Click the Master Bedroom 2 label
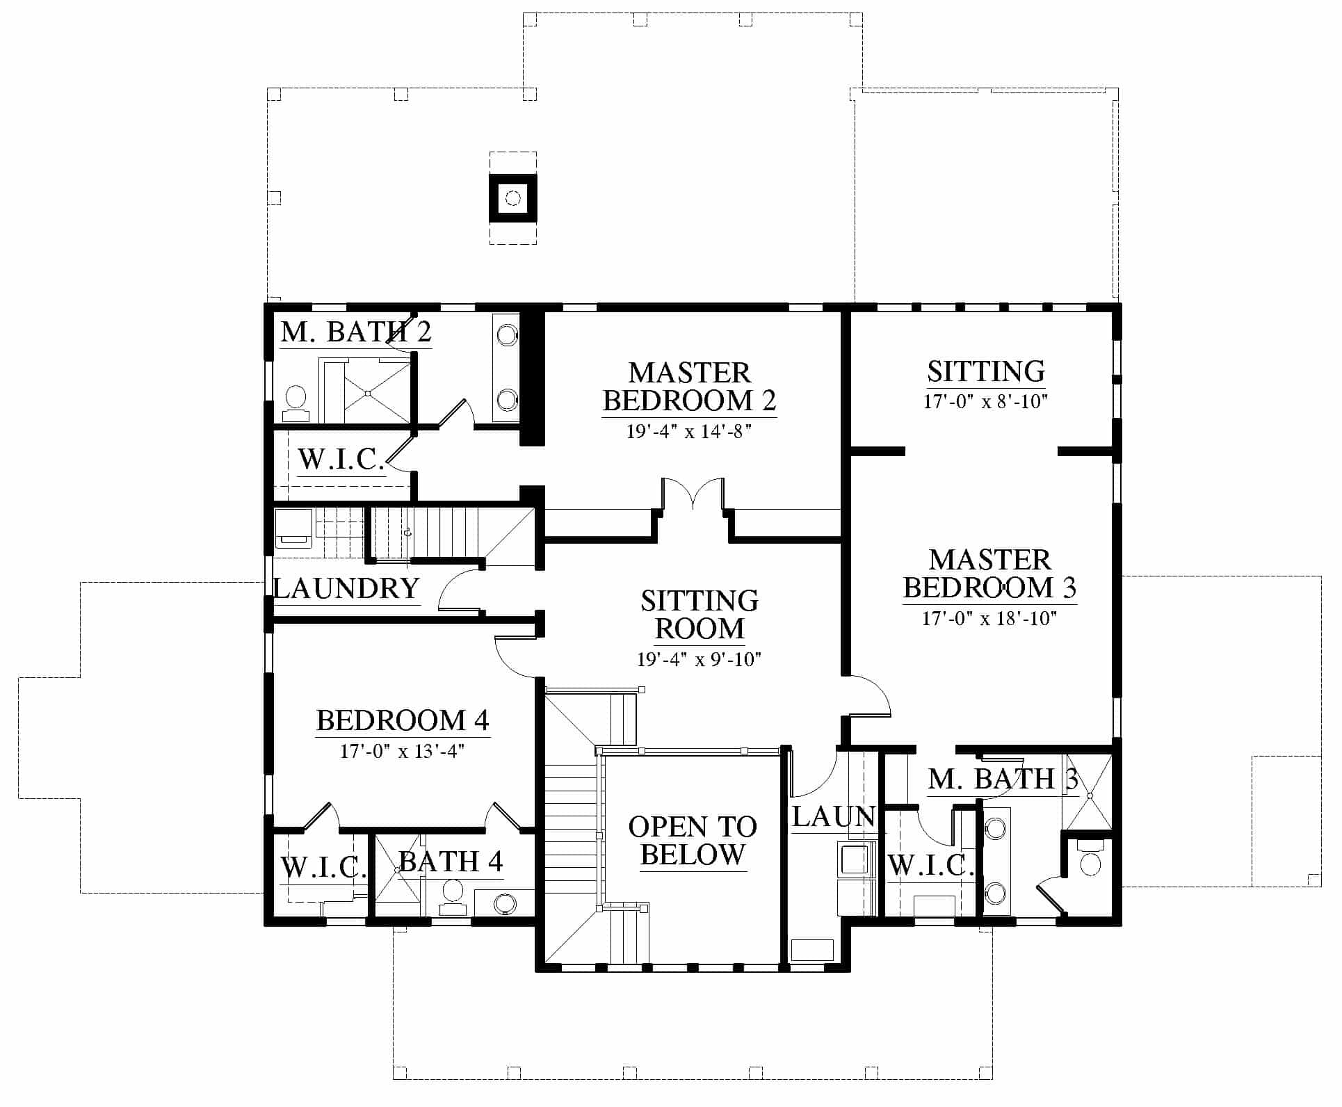coord(690,387)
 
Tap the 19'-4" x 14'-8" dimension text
coord(690,432)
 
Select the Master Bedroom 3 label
coord(990,574)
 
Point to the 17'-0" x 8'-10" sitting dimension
coord(986,402)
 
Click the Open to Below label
coord(693,841)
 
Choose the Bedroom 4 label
coord(403,720)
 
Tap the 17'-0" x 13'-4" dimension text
coord(403,752)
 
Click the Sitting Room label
coord(700,615)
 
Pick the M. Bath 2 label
coord(356,332)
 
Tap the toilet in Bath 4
coord(453,898)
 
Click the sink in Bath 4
coord(505,904)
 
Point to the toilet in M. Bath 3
coord(1090,858)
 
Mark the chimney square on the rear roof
coord(513,198)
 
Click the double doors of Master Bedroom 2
coord(693,495)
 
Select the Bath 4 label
coord(451,862)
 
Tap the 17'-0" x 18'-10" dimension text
coord(989,618)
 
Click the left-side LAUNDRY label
coord(346,589)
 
